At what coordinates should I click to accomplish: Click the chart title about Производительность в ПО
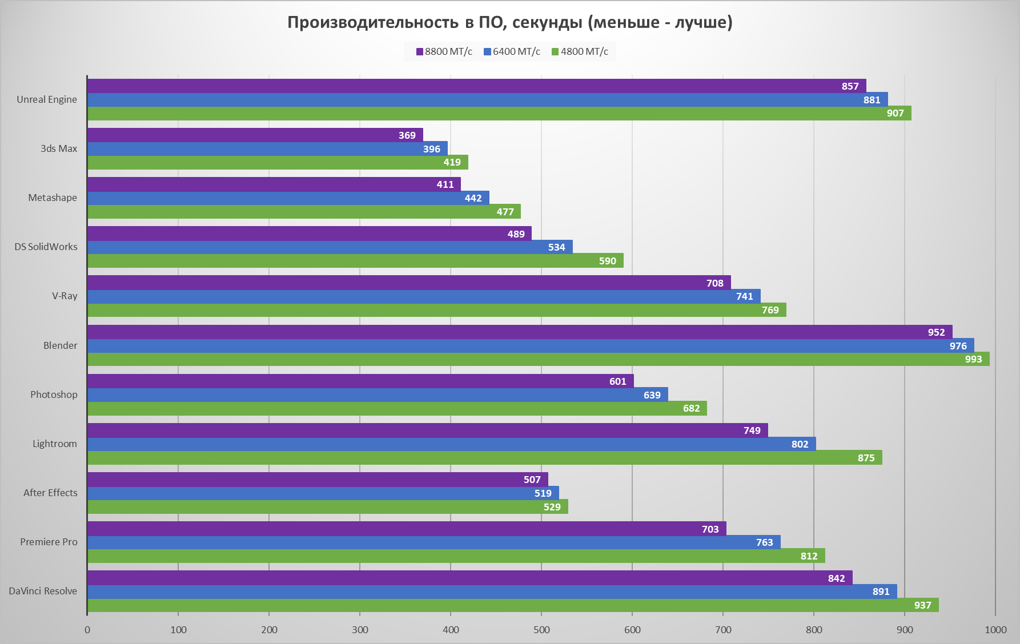[x=509, y=22]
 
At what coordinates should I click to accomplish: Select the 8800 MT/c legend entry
[x=444, y=51]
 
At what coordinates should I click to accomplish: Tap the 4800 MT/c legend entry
[x=580, y=51]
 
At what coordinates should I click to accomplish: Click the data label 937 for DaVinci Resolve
[x=922, y=605]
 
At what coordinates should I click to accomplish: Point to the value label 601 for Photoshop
[x=617, y=381]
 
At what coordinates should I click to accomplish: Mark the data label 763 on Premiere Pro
[x=764, y=542]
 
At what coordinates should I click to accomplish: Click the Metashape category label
[x=53, y=198]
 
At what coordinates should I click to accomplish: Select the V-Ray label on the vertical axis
[x=65, y=296]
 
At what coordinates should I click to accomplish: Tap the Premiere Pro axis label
[x=49, y=542]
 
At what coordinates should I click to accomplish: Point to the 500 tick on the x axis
[x=541, y=630]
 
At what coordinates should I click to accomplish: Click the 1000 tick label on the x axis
[x=995, y=630]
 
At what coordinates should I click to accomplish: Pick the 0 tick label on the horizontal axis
[x=87, y=630]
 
